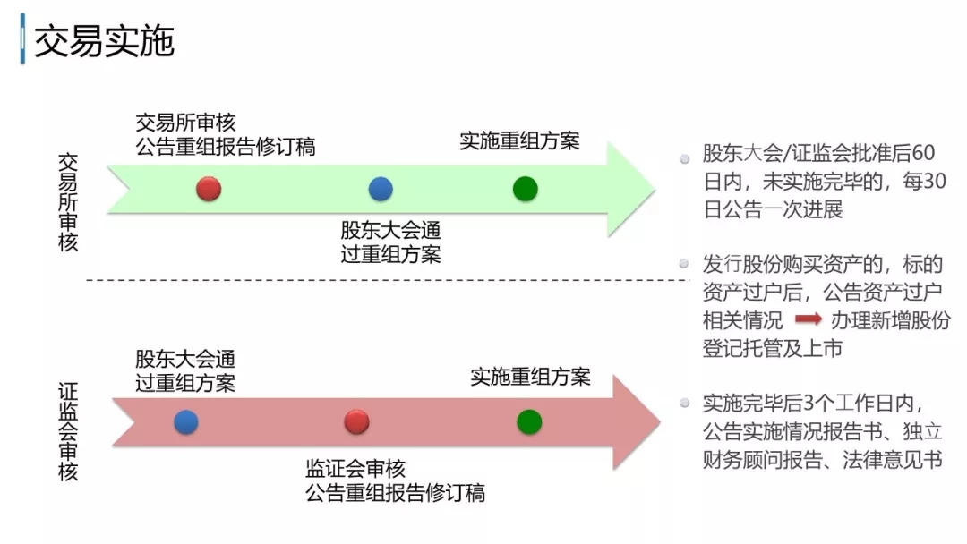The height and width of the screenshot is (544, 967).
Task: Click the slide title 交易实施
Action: point(104,42)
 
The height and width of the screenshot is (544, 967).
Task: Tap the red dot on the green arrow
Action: point(209,188)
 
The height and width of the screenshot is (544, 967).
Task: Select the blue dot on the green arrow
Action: point(381,188)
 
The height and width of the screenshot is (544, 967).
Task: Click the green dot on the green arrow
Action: point(526,188)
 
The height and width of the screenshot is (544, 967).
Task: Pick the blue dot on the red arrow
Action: point(186,422)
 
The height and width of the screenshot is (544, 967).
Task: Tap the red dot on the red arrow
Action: point(356,422)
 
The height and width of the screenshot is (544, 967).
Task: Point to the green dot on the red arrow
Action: point(529,421)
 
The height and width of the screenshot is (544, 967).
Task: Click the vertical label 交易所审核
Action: point(68,201)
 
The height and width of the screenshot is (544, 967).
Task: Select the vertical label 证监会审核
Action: point(68,432)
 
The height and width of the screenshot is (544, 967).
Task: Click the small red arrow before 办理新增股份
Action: point(809,319)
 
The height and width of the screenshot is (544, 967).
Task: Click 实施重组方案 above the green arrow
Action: point(519,140)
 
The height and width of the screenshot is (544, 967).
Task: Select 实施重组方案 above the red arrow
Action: point(531,377)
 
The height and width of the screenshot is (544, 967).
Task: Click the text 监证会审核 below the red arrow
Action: point(355,468)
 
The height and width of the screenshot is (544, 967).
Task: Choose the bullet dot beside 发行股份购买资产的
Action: point(685,264)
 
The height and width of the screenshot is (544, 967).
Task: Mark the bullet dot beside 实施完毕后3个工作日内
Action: point(685,404)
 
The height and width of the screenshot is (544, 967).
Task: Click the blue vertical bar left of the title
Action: point(21,42)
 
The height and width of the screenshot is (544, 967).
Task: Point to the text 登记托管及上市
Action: point(772,348)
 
